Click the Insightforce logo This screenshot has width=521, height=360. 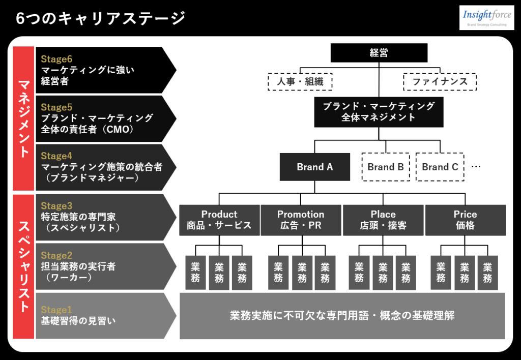(486, 18)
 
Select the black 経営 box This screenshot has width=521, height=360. (379, 53)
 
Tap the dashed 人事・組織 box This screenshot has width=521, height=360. (300, 81)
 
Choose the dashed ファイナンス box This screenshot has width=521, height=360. (440, 81)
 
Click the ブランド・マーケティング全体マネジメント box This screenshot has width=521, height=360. (379, 112)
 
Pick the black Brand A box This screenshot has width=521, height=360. (314, 167)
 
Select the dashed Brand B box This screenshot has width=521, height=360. (386, 167)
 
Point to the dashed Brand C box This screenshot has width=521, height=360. (440, 167)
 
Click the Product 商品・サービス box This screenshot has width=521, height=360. (219, 220)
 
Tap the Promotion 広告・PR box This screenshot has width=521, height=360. (301, 220)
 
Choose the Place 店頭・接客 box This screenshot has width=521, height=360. (383, 220)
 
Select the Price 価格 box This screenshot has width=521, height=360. (465, 220)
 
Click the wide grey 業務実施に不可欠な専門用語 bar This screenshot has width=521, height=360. (342, 316)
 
